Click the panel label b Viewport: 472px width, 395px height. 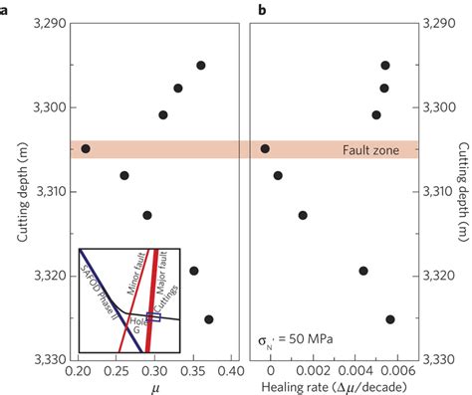click(x=260, y=10)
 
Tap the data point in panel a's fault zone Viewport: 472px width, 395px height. click(x=86, y=148)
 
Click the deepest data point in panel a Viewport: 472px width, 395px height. click(x=209, y=319)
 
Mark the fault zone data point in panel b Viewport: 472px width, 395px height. click(x=265, y=148)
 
